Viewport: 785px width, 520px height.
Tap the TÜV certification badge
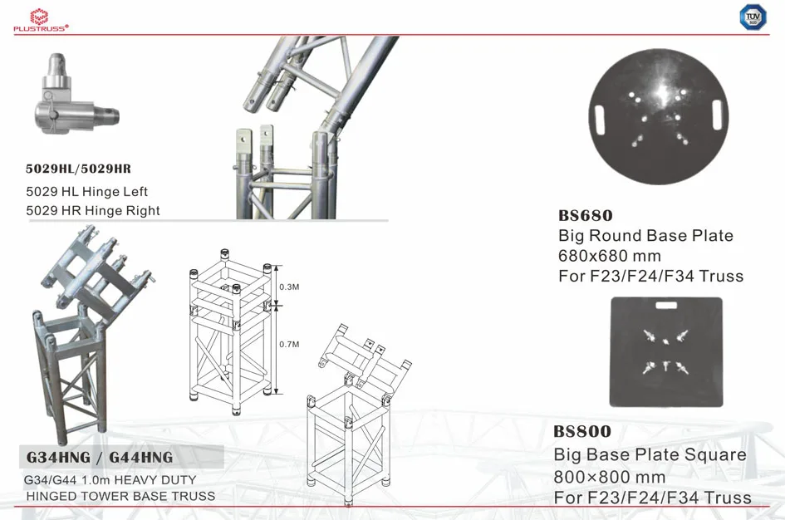point(752,17)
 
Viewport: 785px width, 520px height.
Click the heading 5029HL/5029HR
point(79,169)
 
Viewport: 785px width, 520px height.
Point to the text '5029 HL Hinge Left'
point(87,192)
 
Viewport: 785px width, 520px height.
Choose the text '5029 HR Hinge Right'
point(93,211)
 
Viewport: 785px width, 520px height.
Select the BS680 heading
point(586,216)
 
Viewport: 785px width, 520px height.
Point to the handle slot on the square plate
point(666,306)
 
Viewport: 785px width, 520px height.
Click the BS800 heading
point(582,431)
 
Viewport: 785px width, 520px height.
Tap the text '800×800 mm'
point(610,478)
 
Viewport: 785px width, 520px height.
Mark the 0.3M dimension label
point(290,287)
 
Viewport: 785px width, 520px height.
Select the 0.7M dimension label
point(290,344)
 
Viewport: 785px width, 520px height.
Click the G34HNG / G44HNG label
point(100,458)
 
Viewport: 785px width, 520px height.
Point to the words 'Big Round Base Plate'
point(645,236)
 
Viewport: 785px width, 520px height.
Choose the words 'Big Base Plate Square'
point(650,454)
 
